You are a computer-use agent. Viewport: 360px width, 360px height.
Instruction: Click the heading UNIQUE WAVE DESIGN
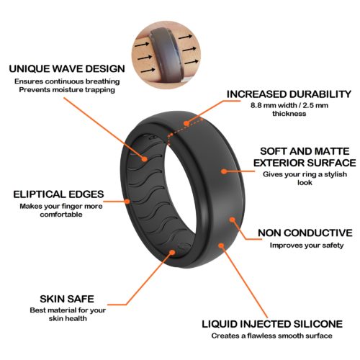coord(67,69)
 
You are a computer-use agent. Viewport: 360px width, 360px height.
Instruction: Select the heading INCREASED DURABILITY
coord(289,94)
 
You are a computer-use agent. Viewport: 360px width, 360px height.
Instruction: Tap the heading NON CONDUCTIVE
coord(305,233)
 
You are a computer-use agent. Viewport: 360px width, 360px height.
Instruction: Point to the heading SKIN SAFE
coord(67,299)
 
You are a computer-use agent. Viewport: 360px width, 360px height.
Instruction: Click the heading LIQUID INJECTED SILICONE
coord(272,324)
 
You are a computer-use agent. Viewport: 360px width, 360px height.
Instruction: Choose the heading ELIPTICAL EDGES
coord(58,194)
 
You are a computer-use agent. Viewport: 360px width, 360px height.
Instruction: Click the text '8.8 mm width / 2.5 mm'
coord(289,105)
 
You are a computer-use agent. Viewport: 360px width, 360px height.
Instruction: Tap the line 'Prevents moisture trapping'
coord(67,90)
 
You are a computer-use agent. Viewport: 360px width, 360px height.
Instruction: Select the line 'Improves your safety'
coord(307,246)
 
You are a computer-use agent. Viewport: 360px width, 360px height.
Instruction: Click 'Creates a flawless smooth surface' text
coord(272,336)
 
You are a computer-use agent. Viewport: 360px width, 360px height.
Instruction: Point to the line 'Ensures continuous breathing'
coord(67,81)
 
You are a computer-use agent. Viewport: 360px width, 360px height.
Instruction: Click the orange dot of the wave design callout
coord(144,159)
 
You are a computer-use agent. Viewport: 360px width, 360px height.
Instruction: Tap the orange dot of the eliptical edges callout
coord(127,201)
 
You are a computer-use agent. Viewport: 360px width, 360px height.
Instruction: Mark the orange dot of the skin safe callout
coord(172,253)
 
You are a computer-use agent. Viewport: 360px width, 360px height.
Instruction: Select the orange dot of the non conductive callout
coord(232,220)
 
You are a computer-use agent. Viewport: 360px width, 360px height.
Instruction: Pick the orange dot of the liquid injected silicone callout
coord(221,246)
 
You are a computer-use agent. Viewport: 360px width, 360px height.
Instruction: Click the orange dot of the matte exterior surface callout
coord(224,171)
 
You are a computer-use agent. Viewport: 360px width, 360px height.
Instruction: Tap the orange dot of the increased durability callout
coord(186,123)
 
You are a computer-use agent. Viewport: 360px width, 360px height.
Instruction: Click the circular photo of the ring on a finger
coord(166,55)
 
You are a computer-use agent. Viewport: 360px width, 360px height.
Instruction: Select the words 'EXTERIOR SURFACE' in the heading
coord(305,163)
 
